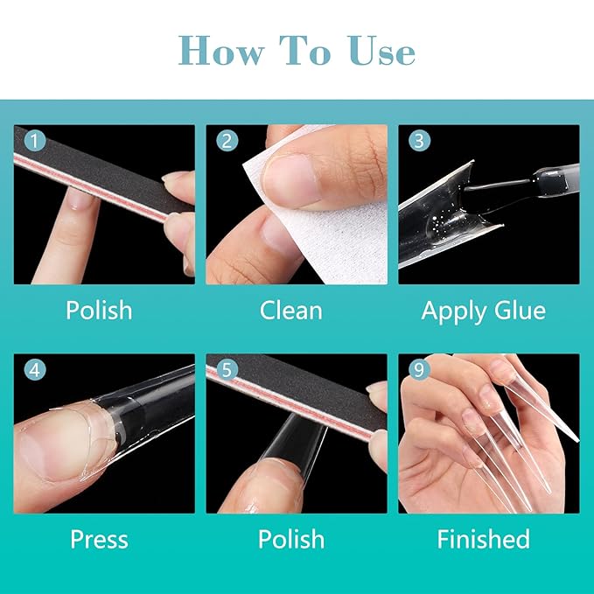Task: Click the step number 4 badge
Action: [34, 370]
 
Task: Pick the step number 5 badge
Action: [227, 370]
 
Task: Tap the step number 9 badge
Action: [419, 370]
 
